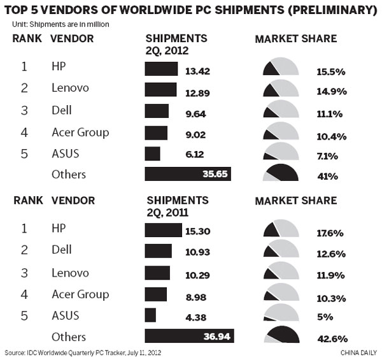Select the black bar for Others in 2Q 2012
coord(188,174)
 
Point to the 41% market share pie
coord(280,173)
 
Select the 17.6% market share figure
coord(330,233)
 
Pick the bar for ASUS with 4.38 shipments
coord(150,315)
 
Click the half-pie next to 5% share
coord(280,314)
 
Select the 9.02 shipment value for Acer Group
coord(185,133)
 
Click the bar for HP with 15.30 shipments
coord(163,230)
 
